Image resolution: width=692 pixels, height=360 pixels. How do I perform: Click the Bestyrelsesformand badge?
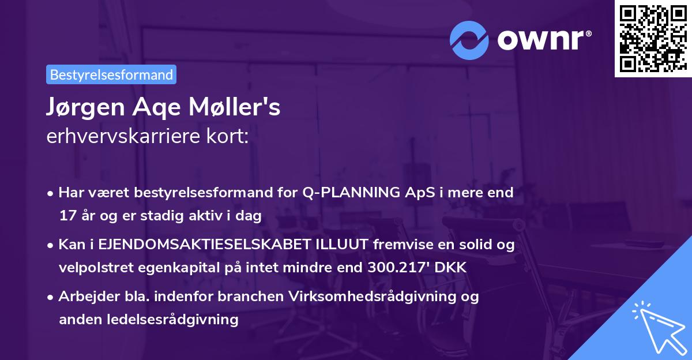[x=111, y=74]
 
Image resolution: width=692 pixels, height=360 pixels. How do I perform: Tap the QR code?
[x=653, y=39]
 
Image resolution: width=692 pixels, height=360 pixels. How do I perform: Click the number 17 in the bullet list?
[x=67, y=216]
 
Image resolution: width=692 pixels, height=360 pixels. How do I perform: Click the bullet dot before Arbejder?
[x=51, y=297]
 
